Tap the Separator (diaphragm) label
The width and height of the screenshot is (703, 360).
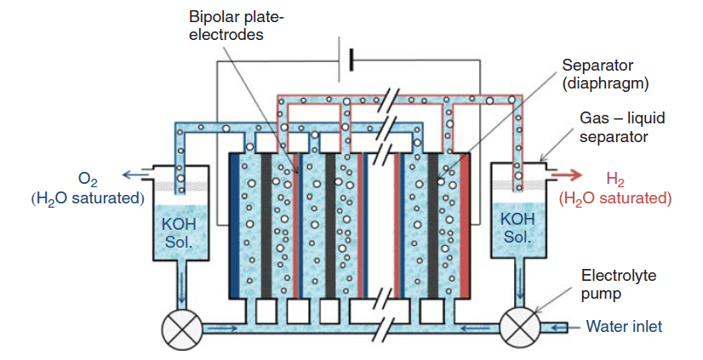click(606, 75)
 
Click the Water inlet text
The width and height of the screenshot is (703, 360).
click(624, 327)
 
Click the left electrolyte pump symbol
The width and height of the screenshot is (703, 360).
click(181, 328)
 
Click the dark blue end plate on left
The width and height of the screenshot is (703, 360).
click(235, 226)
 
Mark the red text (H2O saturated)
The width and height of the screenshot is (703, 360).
click(614, 198)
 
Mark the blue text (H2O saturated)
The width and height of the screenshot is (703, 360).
click(85, 198)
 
